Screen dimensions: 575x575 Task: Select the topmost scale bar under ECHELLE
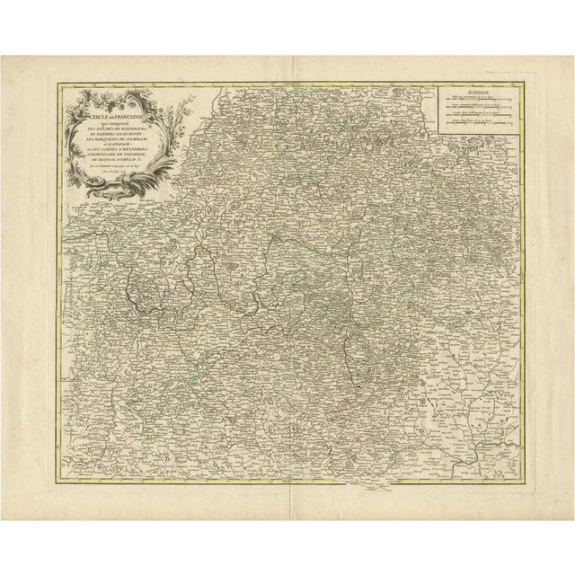coord(476,100)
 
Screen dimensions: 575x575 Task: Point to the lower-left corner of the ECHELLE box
coord(439,134)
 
